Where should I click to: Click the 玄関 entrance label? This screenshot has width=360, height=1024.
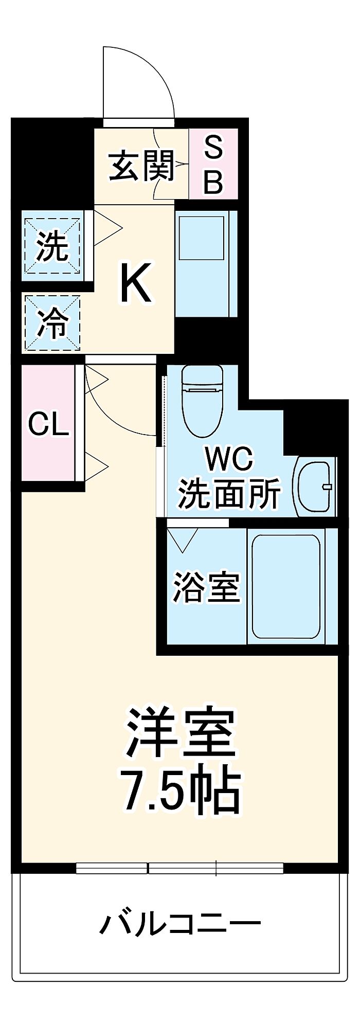pos(141,166)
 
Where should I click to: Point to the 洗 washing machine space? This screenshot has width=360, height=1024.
pos(52,246)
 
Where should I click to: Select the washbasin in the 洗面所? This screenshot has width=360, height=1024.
pos(314,486)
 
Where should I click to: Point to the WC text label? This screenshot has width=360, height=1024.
pos(229,458)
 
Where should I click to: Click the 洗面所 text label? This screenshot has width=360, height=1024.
pos(229,493)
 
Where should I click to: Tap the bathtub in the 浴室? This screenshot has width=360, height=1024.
pos(286,586)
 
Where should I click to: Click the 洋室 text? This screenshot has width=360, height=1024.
pos(181,733)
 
